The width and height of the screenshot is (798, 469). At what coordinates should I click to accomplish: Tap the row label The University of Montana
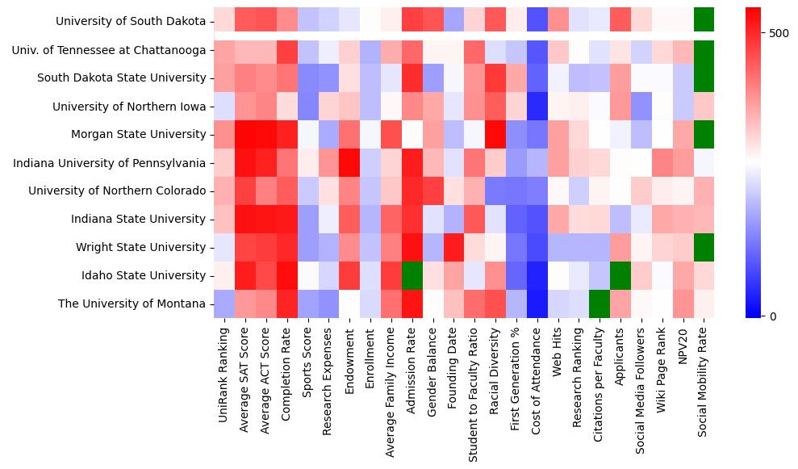tap(132, 304)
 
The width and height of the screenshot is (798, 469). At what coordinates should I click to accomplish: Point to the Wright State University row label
tap(141, 247)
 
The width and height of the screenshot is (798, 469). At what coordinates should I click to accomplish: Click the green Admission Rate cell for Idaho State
tap(412, 275)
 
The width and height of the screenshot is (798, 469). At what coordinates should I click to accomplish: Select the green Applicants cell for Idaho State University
tap(620, 275)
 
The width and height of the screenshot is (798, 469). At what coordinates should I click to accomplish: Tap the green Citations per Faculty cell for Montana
tap(600, 304)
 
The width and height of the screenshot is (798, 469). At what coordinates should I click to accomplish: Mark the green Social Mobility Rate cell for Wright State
tap(704, 247)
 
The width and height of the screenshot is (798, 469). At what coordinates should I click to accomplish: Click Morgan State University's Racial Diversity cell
tap(495, 134)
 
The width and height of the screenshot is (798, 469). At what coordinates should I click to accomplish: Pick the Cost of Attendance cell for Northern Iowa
tap(537, 107)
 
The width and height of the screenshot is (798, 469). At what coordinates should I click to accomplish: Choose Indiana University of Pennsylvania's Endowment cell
tap(349, 163)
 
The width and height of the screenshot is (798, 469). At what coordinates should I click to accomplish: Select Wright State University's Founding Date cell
tap(453, 247)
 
